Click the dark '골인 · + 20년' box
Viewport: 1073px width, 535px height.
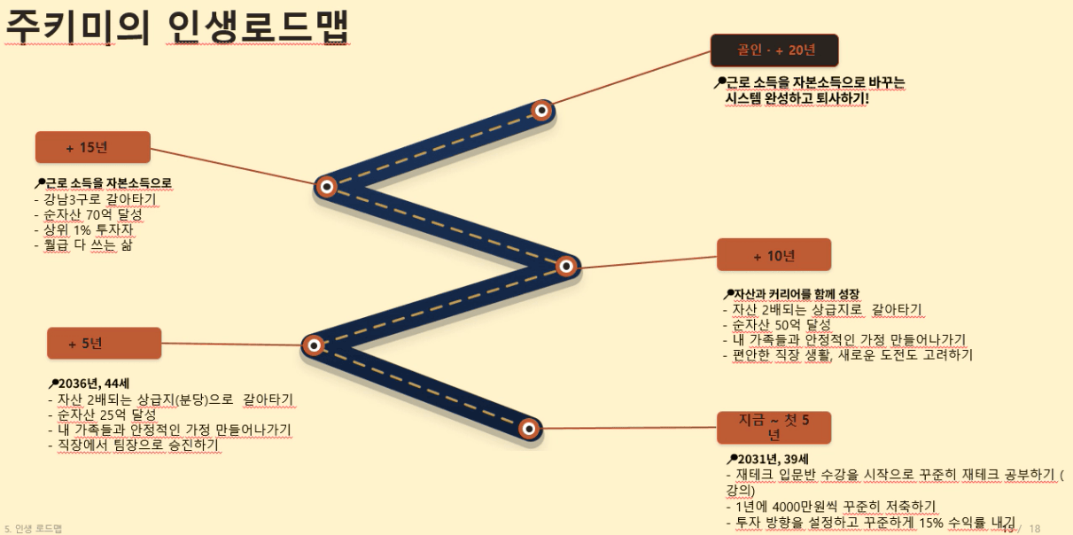(x=774, y=50)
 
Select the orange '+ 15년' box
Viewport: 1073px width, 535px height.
(x=93, y=147)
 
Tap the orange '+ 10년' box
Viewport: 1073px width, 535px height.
(x=774, y=255)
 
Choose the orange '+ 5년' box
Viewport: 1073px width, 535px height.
(x=104, y=343)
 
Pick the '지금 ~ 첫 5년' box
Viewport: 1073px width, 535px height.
(x=774, y=427)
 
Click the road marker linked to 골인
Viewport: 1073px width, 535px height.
(x=541, y=111)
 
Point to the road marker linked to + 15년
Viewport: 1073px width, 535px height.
(x=327, y=186)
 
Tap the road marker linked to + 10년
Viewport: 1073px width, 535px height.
(x=565, y=266)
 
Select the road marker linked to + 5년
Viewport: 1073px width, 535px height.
(x=314, y=345)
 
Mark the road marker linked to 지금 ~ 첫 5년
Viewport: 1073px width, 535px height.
(x=529, y=428)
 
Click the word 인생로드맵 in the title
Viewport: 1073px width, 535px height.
(x=258, y=27)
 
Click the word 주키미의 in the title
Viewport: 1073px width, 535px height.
(x=79, y=27)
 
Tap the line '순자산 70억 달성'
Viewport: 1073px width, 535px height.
(x=88, y=214)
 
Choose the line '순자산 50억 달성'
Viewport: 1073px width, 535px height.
(x=776, y=325)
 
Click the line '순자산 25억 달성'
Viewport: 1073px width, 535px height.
(x=102, y=415)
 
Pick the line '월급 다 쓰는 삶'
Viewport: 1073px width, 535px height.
(x=83, y=244)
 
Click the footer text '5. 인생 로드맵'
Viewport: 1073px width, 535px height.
(x=33, y=528)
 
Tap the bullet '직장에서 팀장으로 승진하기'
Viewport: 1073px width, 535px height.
(x=134, y=445)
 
